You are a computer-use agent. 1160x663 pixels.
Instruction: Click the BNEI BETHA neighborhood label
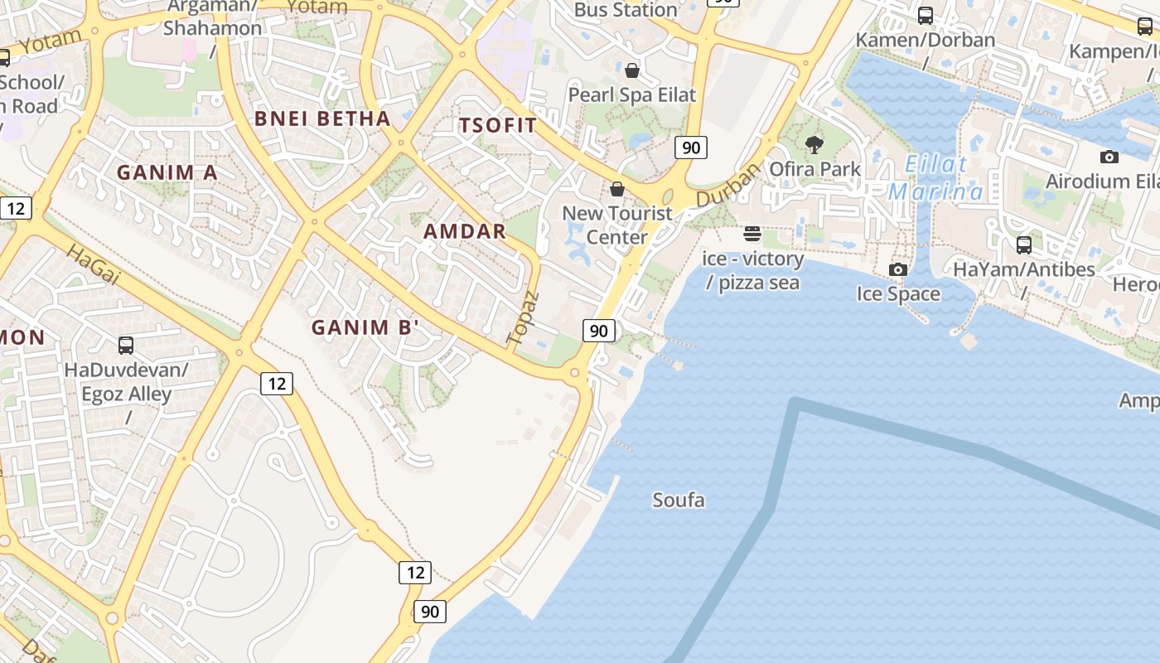click(x=322, y=118)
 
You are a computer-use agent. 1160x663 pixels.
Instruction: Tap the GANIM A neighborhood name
click(x=167, y=172)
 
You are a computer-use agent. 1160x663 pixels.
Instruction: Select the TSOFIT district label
click(x=498, y=125)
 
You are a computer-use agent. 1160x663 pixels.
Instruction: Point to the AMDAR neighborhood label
click(x=465, y=231)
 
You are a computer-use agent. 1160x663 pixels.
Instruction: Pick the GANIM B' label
click(x=362, y=327)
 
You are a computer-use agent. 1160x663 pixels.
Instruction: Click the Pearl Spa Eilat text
click(x=632, y=94)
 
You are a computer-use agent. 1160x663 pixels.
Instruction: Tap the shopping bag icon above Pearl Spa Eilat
click(x=632, y=70)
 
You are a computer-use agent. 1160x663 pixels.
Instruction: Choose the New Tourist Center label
click(x=617, y=225)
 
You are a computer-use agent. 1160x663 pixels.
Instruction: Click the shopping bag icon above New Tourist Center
click(x=617, y=189)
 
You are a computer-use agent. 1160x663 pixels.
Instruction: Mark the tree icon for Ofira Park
click(x=814, y=145)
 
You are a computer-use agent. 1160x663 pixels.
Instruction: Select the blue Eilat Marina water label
click(x=935, y=178)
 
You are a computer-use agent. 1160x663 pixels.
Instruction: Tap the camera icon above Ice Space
click(x=898, y=269)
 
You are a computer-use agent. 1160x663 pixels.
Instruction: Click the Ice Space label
click(x=898, y=293)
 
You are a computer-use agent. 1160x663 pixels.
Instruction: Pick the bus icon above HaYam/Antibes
click(x=1024, y=244)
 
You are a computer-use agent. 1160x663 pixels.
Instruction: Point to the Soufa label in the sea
click(x=679, y=500)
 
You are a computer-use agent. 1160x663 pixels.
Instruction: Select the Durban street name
click(x=728, y=185)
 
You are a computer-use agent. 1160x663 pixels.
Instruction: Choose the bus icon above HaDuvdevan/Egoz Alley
click(x=126, y=345)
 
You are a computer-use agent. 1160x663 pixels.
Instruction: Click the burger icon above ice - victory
click(x=752, y=234)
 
